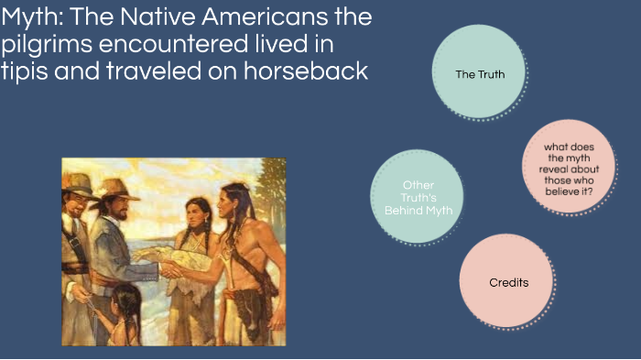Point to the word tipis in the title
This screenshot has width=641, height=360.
pyautogui.click(x=25, y=71)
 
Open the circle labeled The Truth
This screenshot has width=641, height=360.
pyautogui.click(x=479, y=74)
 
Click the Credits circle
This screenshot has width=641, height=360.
pyautogui.click(x=508, y=282)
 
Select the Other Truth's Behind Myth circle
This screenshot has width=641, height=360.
pyautogui.click(x=417, y=198)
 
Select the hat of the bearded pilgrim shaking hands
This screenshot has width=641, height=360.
pyautogui.click(x=115, y=188)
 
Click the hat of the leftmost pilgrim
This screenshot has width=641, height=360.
pyautogui.click(x=80, y=180)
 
